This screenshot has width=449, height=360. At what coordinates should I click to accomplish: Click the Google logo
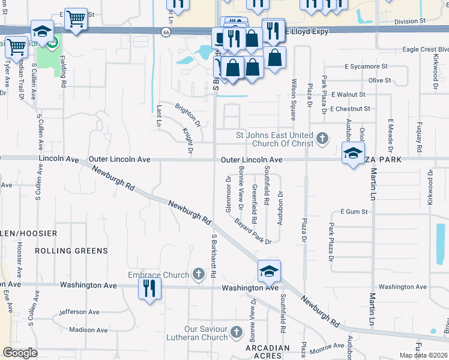(x=20, y=353)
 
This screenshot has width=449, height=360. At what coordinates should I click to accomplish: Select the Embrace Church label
(x=158, y=275)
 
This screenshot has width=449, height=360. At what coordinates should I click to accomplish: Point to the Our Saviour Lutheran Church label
(x=206, y=333)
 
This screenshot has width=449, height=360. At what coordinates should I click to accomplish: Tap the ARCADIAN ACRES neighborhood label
(x=270, y=352)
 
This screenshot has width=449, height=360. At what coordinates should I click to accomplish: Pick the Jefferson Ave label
(x=79, y=312)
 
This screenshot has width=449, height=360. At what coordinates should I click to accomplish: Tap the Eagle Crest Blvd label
(x=426, y=49)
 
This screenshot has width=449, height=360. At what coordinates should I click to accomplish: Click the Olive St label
(x=379, y=80)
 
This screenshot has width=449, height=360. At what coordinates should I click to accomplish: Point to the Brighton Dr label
(x=187, y=115)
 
